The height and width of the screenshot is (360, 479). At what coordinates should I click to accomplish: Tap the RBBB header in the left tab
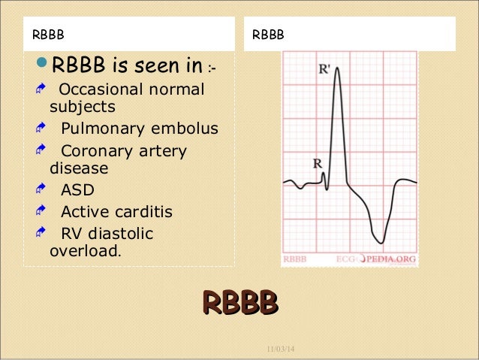coord(47,35)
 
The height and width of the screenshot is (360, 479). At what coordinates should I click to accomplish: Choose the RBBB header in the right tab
coord(267,35)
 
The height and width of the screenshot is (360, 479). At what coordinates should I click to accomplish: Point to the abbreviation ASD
coord(77,190)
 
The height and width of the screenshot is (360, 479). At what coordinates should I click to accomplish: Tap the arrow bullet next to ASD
coord(42,190)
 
